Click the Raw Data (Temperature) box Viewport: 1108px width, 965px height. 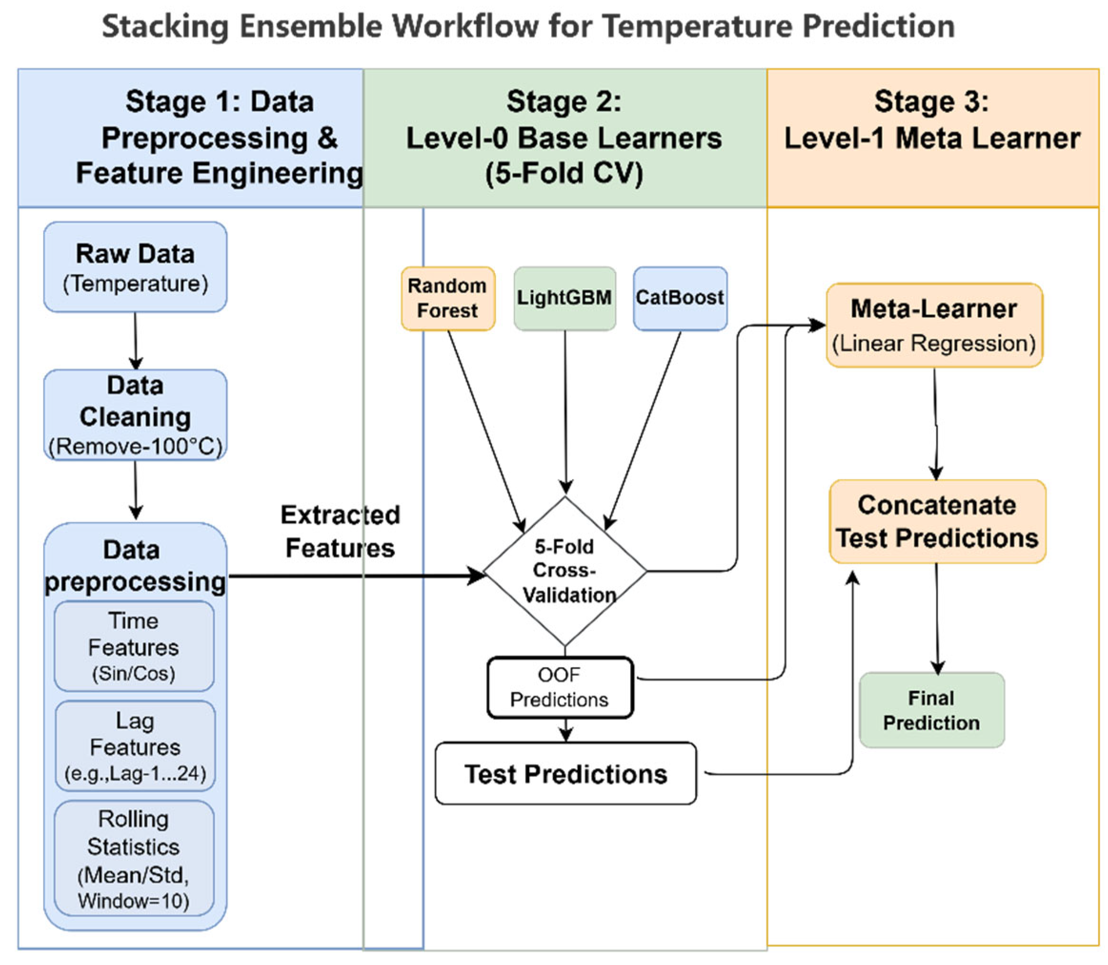[135, 266]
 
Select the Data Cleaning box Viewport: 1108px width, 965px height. [135, 415]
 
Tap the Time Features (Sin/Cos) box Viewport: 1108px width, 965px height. [134, 646]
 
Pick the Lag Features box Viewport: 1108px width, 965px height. [135, 746]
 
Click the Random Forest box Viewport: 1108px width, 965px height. [448, 298]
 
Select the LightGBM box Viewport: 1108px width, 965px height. [565, 298]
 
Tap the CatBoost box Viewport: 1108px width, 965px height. [680, 298]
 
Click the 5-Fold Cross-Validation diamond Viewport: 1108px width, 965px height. [565, 571]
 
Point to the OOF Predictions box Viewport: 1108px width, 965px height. [560, 687]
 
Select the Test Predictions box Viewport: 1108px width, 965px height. [566, 774]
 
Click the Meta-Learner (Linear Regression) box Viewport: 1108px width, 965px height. [935, 325]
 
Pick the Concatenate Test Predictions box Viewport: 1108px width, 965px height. [937, 521]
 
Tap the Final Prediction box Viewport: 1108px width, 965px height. [932, 710]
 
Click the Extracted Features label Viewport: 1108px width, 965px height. [340, 531]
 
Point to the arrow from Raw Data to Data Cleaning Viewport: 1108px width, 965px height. [136, 341]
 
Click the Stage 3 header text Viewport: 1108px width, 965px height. [932, 120]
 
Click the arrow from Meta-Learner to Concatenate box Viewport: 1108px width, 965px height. [936, 424]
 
